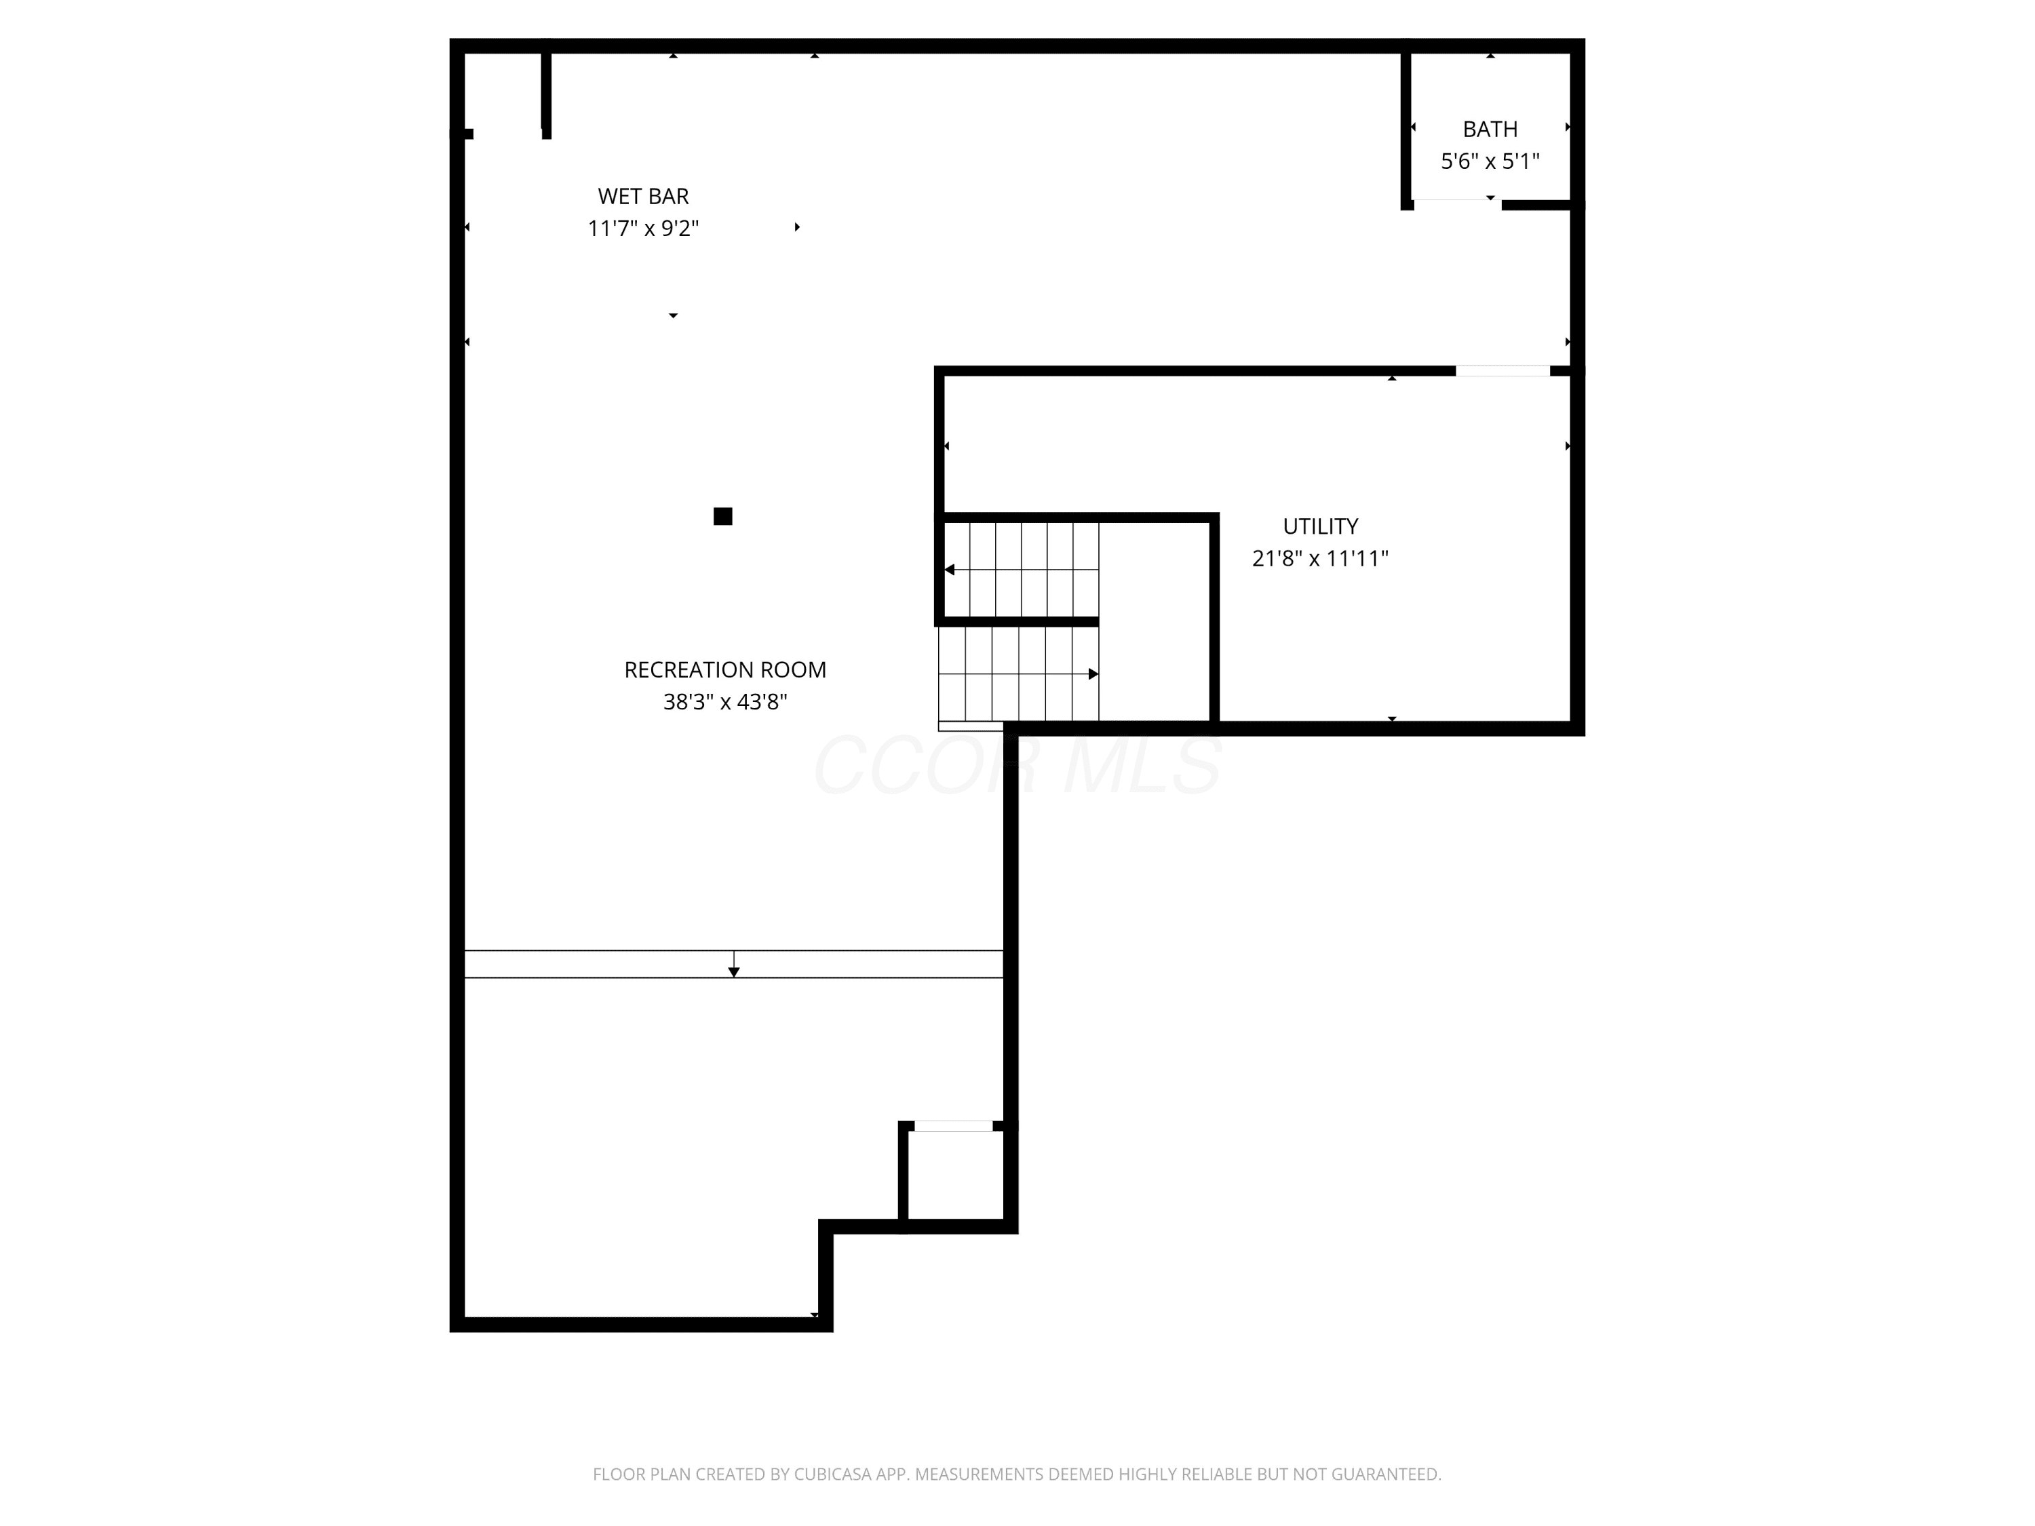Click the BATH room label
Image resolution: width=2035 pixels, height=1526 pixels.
pos(1490,130)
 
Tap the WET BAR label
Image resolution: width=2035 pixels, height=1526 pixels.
pos(643,196)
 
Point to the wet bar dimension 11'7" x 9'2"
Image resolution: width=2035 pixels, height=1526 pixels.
pos(643,228)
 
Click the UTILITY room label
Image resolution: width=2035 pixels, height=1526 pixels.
pos(1320,526)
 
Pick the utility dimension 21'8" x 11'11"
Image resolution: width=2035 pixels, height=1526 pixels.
pos(1320,558)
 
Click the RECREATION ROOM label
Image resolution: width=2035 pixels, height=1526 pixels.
pos(725,669)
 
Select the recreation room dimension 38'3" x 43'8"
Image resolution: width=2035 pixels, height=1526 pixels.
pos(725,702)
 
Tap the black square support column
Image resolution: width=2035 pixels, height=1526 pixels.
pos(723,516)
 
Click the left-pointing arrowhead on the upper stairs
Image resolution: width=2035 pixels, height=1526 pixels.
pos(950,570)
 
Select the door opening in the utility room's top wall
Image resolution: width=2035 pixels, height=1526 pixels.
pos(1503,371)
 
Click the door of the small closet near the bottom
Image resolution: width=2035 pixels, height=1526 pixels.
pos(953,1126)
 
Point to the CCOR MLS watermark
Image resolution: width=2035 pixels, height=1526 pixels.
pos(1018,764)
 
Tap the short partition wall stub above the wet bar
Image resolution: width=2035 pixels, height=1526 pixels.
pos(547,93)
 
